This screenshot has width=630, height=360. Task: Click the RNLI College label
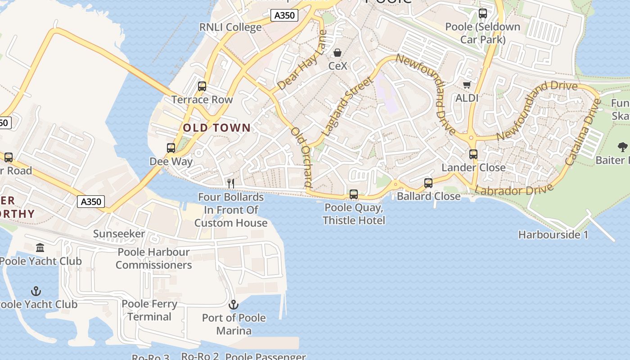[230, 27]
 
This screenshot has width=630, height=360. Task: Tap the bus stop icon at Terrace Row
[202, 86]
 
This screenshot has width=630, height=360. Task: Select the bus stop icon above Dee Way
[171, 148]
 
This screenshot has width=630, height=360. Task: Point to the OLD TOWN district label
[216, 128]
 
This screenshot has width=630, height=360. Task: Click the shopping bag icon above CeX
[337, 53]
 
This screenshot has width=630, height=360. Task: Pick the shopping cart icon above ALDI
[467, 85]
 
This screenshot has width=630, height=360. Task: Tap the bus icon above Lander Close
[473, 154]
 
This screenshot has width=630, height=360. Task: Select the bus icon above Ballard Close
[428, 183]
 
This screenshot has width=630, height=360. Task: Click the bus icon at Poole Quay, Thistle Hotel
[354, 194]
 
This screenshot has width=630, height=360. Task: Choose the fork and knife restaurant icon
[231, 183]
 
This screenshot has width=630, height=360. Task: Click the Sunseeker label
[119, 234]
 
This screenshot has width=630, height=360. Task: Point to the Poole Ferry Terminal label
[149, 310]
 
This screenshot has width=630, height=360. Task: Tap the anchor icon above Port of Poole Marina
[233, 305]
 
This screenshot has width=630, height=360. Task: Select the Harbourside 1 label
[553, 234]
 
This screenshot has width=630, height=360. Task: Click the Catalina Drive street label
[583, 131]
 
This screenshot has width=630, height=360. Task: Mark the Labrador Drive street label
[514, 190]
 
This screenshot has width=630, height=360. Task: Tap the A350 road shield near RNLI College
[284, 15]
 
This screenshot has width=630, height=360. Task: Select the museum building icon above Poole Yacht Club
[40, 247]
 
